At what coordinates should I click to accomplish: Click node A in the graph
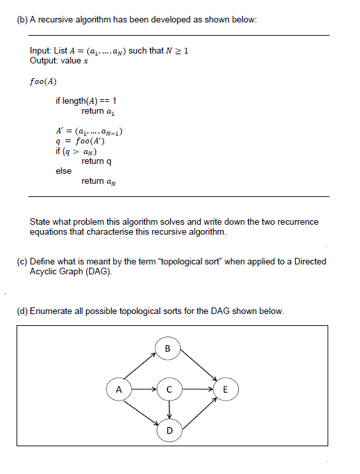[x=118, y=389]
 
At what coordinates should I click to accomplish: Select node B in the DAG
[x=167, y=347]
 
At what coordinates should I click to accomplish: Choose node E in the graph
[x=226, y=389]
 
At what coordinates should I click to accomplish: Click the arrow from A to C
[x=143, y=389]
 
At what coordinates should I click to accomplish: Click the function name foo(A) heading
[x=43, y=82]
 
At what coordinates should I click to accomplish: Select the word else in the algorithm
[x=64, y=171]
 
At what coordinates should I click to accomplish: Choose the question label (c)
[x=22, y=261]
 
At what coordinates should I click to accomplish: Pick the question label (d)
[x=22, y=311]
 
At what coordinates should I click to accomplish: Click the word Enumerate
[x=52, y=311]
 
